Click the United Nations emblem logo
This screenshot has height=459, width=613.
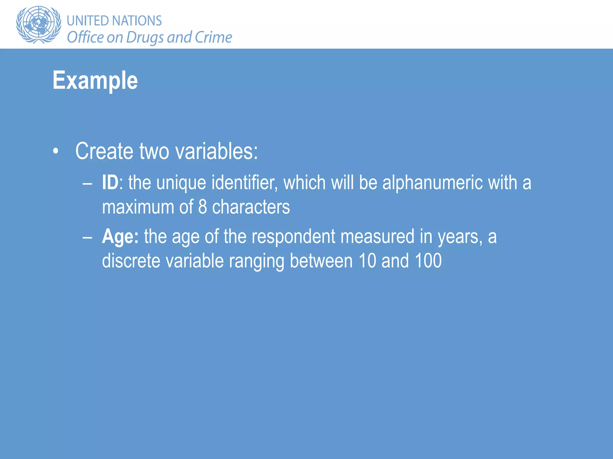[38, 25]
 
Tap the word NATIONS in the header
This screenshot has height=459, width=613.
[137, 21]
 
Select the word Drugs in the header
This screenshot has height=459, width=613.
[145, 38]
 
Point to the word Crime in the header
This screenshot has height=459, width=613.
[213, 37]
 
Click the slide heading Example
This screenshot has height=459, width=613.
[95, 80]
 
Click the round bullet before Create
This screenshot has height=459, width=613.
[55, 151]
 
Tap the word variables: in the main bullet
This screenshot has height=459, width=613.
[216, 151]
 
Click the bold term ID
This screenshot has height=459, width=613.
[110, 183]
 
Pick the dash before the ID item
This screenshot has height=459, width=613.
[87, 183]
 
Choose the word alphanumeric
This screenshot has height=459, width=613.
[433, 183]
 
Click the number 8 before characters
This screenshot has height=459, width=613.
[203, 207]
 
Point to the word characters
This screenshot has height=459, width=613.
[251, 207]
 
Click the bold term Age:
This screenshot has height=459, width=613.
[120, 237]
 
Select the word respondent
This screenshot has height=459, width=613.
[293, 237]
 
